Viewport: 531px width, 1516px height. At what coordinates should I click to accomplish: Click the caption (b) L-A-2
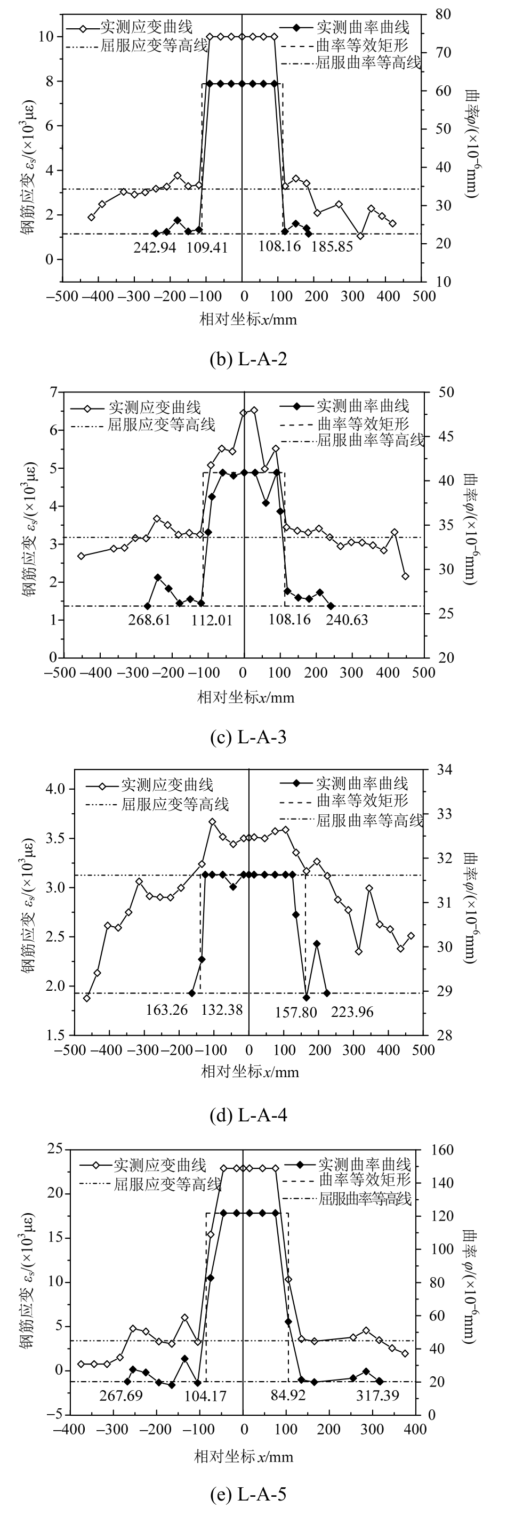coord(248,359)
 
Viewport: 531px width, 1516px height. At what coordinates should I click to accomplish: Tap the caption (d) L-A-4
coord(248,1115)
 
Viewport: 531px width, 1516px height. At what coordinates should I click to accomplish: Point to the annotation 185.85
coord(332,246)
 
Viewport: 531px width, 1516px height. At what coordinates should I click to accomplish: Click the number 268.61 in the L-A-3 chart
coord(149,620)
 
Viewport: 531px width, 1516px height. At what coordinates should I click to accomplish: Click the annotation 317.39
coord(377,1395)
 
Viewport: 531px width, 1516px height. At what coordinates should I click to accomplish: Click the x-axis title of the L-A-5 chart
coord(244,1452)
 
